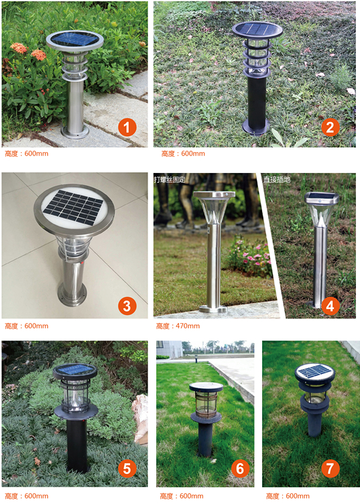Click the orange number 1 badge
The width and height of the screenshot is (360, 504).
point(127,127)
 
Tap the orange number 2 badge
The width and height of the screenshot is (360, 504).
point(331,127)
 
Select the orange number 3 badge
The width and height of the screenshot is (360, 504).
point(127,306)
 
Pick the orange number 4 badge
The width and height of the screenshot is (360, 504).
point(330,306)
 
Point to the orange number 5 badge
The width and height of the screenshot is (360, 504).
point(127,468)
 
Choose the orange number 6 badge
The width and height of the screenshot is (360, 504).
point(240,468)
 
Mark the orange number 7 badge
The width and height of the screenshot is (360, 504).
point(330,468)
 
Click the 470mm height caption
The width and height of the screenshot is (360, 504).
point(178,326)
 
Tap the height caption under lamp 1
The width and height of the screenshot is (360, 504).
point(27,153)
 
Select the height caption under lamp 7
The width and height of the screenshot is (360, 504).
point(288,496)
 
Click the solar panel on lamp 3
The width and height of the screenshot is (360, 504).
point(73,206)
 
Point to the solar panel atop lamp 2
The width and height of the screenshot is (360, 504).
point(257,28)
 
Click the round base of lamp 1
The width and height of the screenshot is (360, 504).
point(75,132)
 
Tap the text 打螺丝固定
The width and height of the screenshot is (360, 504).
point(170,180)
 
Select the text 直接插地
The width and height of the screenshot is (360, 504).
point(277,180)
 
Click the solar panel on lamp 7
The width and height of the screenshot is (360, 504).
point(314,371)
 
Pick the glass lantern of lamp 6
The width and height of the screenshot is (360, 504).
point(206,403)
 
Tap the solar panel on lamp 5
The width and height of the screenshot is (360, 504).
point(74,369)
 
